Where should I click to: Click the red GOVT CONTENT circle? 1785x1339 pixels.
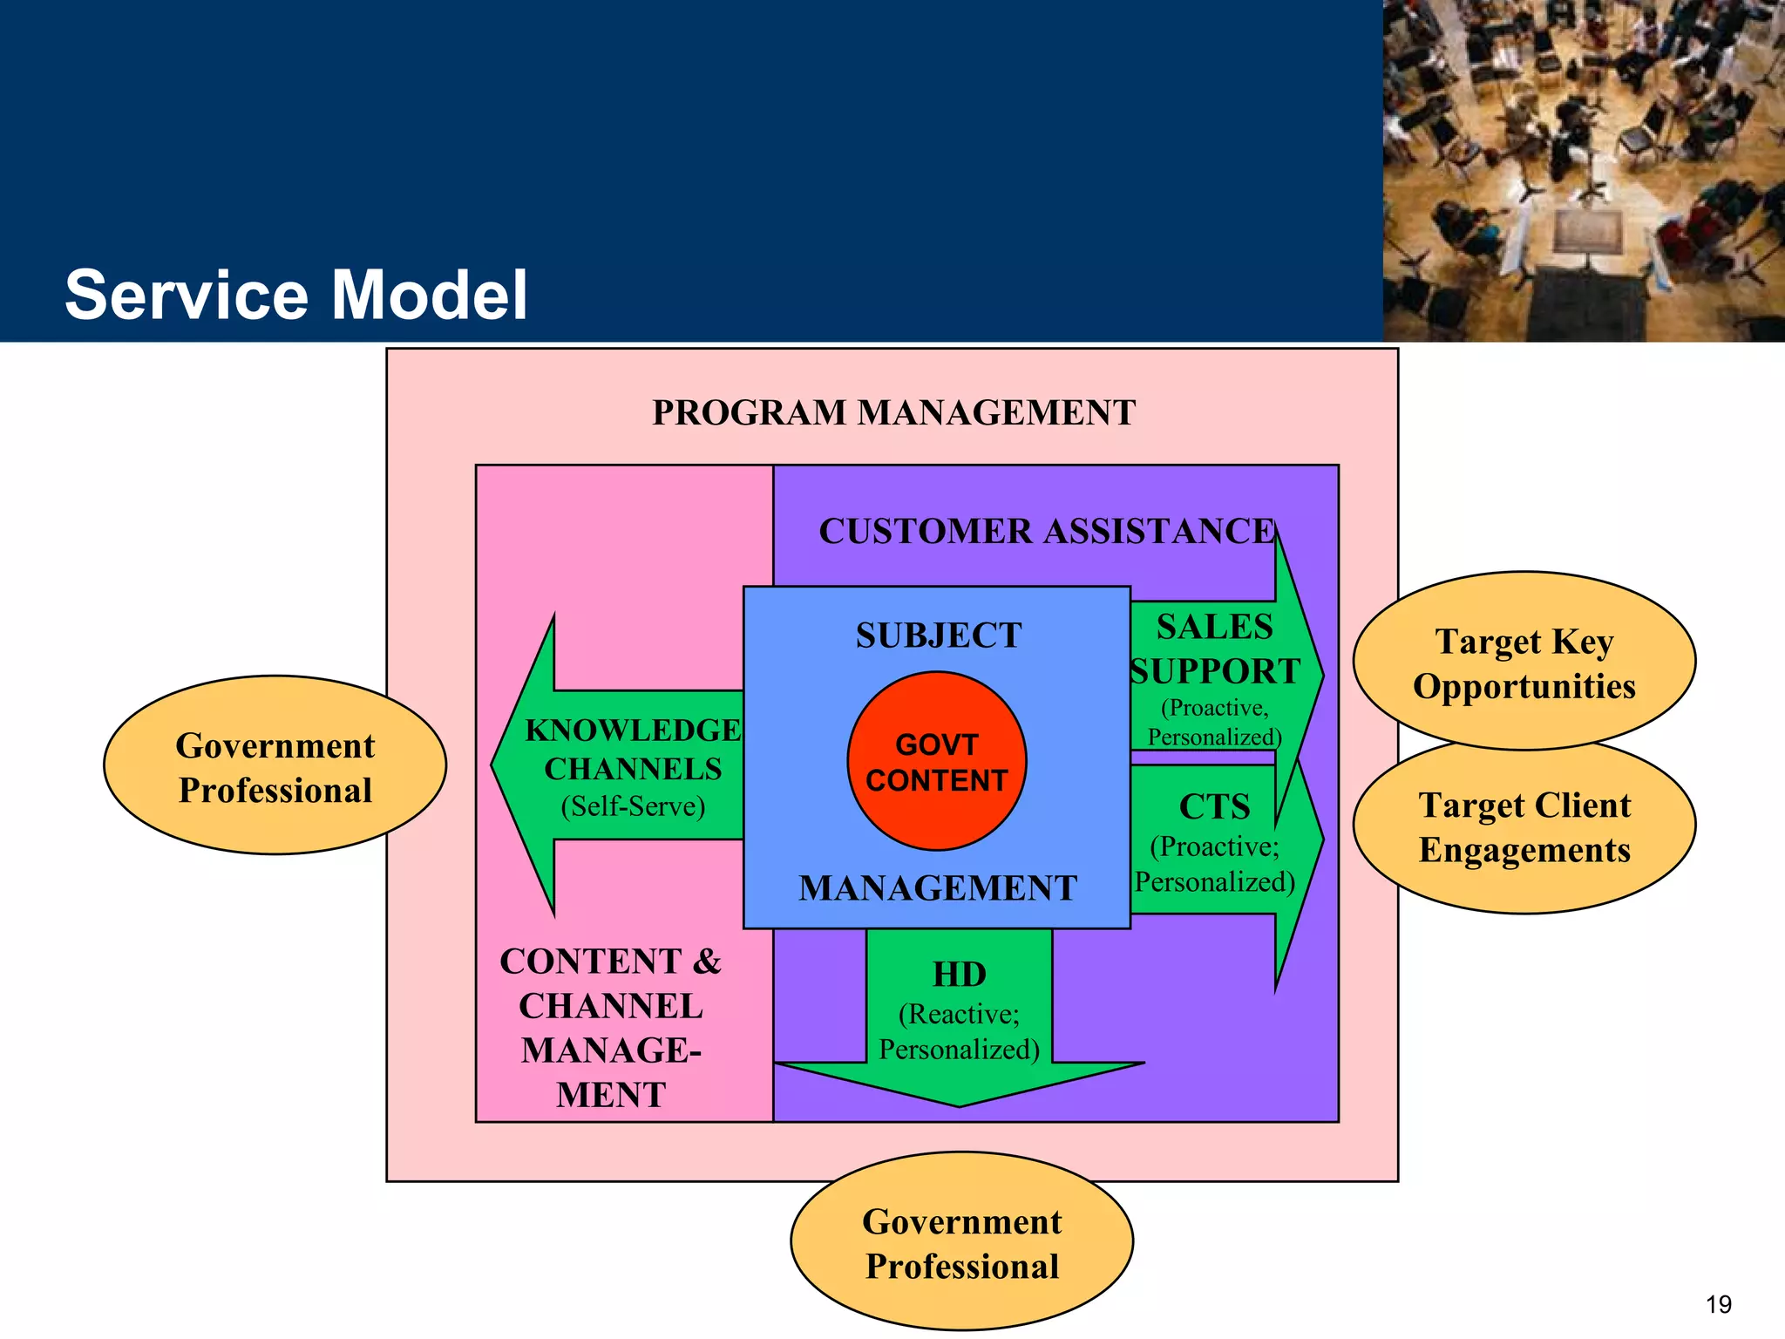(x=937, y=761)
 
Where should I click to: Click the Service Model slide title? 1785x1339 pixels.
(x=296, y=295)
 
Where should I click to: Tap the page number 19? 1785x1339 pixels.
(x=1718, y=1305)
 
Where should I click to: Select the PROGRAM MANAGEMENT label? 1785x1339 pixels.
(x=893, y=412)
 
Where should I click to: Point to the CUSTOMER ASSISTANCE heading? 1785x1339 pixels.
(x=1046, y=531)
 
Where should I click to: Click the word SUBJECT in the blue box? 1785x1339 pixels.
(x=938, y=635)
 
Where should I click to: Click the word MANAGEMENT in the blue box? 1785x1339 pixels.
(x=938, y=887)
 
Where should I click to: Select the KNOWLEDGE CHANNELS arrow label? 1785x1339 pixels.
(x=633, y=749)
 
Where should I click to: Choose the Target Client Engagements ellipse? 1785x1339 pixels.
(x=1524, y=827)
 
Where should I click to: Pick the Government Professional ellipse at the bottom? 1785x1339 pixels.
(x=961, y=1243)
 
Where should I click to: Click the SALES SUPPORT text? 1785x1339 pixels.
(x=1214, y=649)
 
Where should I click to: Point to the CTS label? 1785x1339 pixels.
(x=1214, y=806)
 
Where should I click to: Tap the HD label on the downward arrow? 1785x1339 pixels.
(x=959, y=974)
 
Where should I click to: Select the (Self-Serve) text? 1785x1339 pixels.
(x=633, y=805)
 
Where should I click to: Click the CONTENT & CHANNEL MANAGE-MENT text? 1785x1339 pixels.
(x=610, y=1027)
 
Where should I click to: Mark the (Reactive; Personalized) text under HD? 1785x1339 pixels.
(x=959, y=1031)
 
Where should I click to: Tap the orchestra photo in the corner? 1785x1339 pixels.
(x=1583, y=170)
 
